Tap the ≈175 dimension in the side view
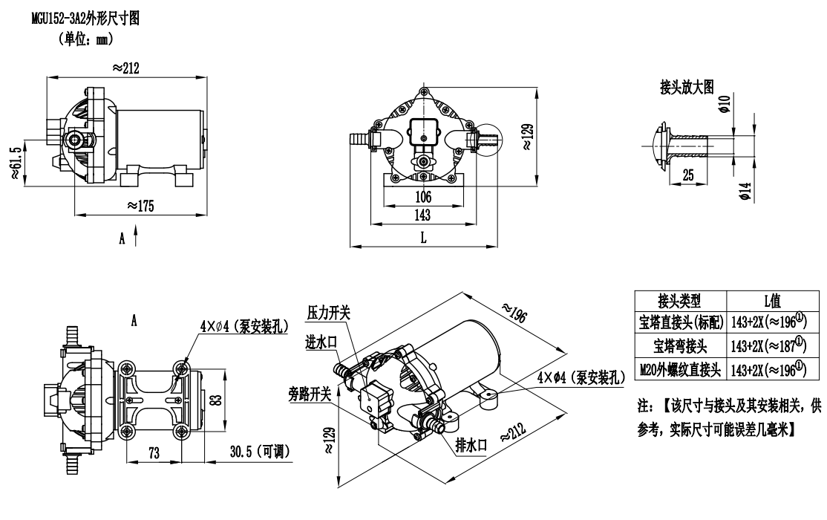141,206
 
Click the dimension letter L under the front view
423,237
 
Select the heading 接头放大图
687,88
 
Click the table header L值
774,302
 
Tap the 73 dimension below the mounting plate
154,452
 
